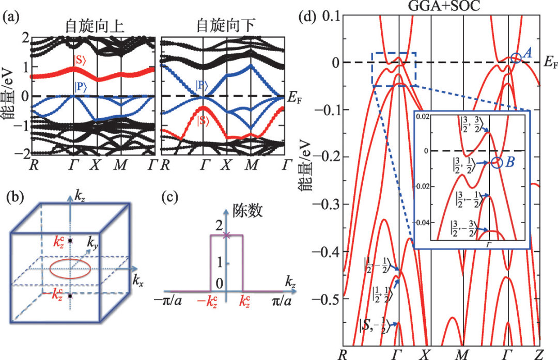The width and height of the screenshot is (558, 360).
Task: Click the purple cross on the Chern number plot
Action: coord(226,236)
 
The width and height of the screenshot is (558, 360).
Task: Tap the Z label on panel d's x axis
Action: coord(540,354)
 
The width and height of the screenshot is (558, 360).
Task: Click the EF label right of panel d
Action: coord(551,64)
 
